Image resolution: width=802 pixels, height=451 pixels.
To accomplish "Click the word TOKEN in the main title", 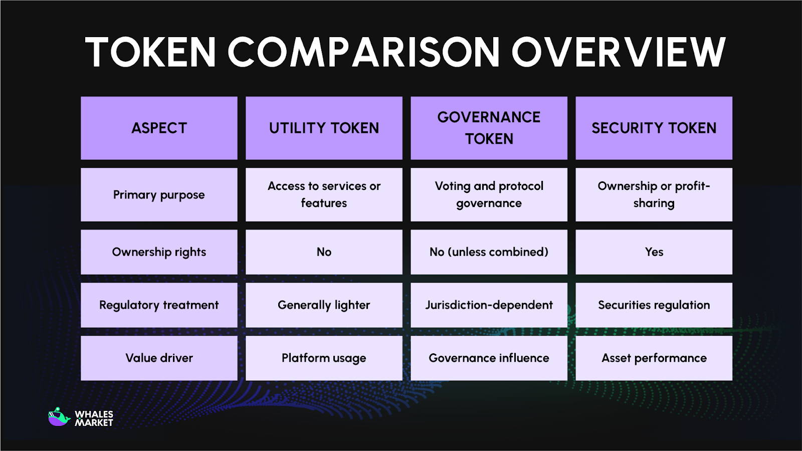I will (150, 52).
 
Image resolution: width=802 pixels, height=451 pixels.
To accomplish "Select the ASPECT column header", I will (159, 128).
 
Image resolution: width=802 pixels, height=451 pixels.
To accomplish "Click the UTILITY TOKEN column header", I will (324, 128).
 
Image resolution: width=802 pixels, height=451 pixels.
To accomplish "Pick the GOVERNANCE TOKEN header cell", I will (489, 128).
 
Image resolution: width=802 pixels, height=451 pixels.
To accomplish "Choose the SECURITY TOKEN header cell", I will (654, 128).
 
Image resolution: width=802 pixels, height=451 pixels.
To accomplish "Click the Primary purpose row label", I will (159, 195).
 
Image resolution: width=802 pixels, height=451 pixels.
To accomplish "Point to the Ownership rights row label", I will (159, 252).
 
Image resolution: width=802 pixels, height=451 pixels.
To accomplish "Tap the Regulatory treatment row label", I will (159, 305).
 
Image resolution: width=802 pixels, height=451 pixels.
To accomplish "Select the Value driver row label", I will (159, 358).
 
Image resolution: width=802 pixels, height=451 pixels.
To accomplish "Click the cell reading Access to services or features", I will (324, 195).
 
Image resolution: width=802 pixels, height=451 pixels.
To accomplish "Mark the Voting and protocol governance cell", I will (489, 195).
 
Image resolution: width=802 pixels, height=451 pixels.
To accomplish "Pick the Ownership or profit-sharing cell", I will (654, 195).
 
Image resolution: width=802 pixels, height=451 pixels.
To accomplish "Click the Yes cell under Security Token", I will (654, 252).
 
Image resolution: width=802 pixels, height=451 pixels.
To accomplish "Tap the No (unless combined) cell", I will (489, 252).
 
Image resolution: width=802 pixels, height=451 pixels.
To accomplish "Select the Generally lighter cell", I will (324, 305).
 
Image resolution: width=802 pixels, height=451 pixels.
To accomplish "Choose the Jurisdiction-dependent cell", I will (489, 305).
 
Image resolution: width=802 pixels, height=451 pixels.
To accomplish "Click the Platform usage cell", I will (324, 358).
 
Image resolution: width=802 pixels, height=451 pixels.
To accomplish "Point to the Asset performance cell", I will (654, 358).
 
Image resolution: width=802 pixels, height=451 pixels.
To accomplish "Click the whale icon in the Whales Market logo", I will (59, 417).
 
